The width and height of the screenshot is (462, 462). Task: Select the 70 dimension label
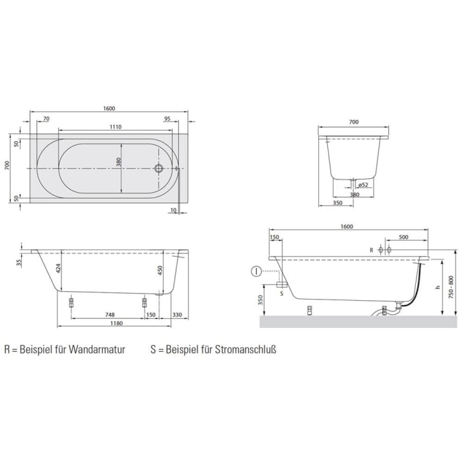click(x=46, y=118)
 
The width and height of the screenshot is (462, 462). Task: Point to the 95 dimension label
click(x=167, y=118)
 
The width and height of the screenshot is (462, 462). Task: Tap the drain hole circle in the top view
click(x=158, y=168)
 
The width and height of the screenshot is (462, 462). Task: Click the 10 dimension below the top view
click(x=172, y=210)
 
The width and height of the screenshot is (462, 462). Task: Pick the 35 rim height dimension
click(x=19, y=262)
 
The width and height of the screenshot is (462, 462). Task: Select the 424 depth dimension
click(x=58, y=269)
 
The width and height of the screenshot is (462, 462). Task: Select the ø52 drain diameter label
click(x=362, y=185)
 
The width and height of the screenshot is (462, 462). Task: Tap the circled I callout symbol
click(x=257, y=271)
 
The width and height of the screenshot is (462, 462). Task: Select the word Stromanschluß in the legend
click(x=244, y=349)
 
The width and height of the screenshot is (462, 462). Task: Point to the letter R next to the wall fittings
click(x=372, y=249)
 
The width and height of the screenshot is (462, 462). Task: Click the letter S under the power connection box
click(x=282, y=294)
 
